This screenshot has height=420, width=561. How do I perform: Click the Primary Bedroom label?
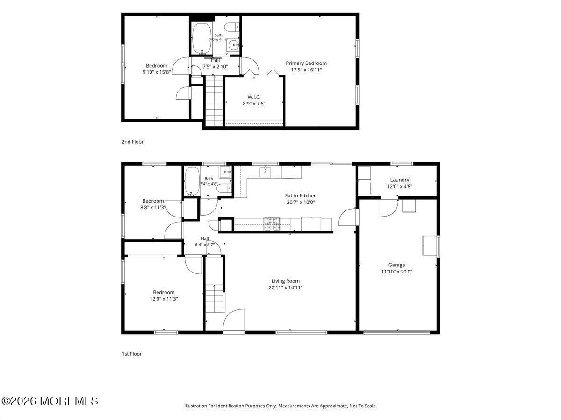pos(306,63)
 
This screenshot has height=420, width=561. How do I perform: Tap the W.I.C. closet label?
pos(254,97)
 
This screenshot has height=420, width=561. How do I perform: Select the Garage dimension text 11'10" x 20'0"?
pos(396,272)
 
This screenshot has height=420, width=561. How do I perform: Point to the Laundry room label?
pos(399,180)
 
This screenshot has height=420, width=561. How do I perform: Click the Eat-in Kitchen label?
pos(301,196)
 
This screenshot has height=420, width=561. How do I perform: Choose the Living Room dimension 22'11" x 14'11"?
pos(286,287)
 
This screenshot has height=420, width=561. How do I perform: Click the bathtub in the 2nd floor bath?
pos(202,39)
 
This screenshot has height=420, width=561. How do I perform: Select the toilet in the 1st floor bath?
pos(224,188)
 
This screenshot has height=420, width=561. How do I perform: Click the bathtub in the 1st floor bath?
pos(192,181)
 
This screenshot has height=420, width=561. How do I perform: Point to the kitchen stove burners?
pos(272,224)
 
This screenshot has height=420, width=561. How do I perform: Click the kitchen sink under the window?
pos(266,172)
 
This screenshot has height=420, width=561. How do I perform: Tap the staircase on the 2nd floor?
pos(214,101)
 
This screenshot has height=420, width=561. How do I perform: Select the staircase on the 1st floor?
pos(215,298)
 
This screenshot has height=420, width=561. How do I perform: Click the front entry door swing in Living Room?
pos(234,320)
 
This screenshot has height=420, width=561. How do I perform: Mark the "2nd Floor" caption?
pos(132,142)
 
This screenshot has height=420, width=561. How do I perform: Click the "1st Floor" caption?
pos(132,354)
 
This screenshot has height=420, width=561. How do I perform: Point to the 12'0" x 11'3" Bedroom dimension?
pos(164,299)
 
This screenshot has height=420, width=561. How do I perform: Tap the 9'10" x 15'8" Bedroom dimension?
pos(157,72)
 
